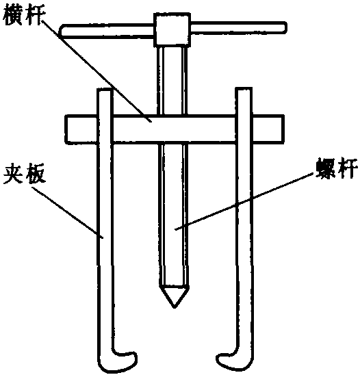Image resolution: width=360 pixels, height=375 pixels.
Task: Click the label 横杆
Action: (x=24, y=16)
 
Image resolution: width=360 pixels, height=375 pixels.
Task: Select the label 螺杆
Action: (x=337, y=168)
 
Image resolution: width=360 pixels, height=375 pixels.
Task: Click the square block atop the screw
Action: (x=172, y=29)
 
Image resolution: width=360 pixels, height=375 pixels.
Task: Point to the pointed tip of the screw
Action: (x=175, y=307)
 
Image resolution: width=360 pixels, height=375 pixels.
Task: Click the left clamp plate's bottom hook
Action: (x=117, y=361)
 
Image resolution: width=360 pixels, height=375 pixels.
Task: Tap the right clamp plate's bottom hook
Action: (x=235, y=361)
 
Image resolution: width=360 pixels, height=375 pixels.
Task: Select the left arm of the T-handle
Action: (x=107, y=31)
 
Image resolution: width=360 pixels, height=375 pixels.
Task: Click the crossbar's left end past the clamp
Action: (x=81, y=129)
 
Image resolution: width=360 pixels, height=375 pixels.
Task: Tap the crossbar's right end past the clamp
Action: (x=268, y=129)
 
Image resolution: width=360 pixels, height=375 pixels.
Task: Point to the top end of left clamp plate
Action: (x=105, y=89)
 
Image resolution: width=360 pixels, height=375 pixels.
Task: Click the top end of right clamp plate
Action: (x=244, y=88)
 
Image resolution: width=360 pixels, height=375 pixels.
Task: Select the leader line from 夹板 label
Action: (x=68, y=212)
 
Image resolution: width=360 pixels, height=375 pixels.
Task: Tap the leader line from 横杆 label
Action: (x=97, y=71)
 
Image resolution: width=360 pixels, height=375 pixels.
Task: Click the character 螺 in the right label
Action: (x=325, y=168)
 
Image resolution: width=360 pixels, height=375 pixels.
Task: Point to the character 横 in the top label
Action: (x=13, y=16)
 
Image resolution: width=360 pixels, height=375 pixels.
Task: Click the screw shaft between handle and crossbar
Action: (x=172, y=81)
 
